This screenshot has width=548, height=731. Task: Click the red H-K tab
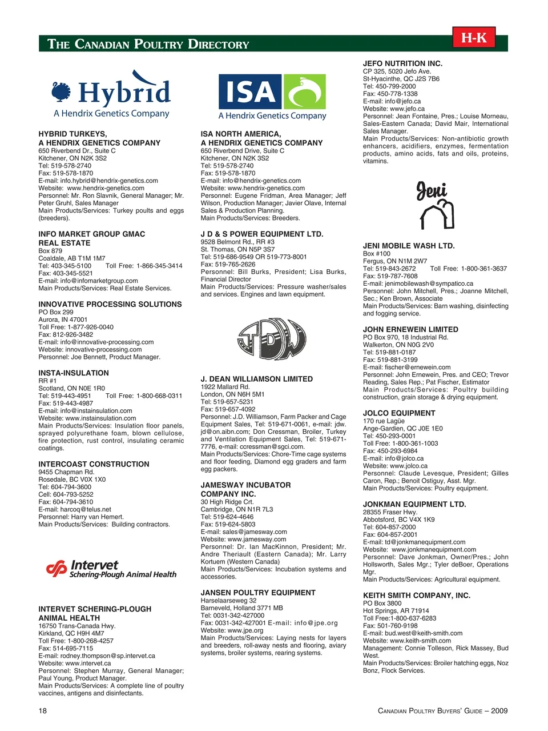point(474,38)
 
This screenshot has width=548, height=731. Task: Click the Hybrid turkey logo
point(111,94)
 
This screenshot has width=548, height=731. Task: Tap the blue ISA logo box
point(250,91)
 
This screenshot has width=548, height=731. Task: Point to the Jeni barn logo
point(436,206)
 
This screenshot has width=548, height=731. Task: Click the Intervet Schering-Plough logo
point(111,569)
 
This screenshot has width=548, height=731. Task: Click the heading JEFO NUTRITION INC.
point(402,63)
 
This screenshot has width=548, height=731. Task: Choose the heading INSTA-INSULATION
point(74,373)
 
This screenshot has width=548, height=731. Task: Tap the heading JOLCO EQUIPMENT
point(399,413)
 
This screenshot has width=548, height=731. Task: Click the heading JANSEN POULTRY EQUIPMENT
point(258,593)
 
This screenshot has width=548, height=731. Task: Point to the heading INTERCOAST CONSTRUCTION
point(94,464)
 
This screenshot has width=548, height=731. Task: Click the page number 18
point(43,710)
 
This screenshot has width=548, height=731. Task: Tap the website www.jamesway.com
point(257,539)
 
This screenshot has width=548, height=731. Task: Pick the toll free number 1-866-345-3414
point(156,266)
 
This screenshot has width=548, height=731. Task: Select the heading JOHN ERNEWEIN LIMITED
point(410,329)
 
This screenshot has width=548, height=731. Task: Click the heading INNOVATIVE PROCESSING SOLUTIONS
point(110,304)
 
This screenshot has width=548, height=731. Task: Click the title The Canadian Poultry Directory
point(148,44)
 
